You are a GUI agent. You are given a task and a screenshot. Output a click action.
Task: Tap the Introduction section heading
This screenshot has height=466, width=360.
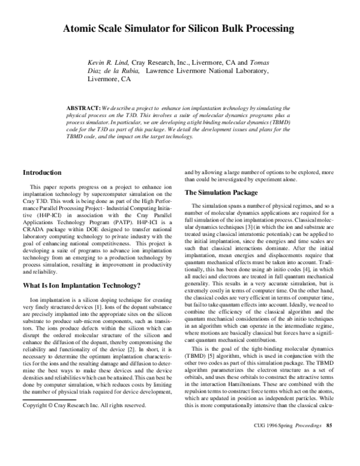41,172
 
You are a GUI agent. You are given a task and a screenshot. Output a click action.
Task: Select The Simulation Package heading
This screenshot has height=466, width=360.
220,193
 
